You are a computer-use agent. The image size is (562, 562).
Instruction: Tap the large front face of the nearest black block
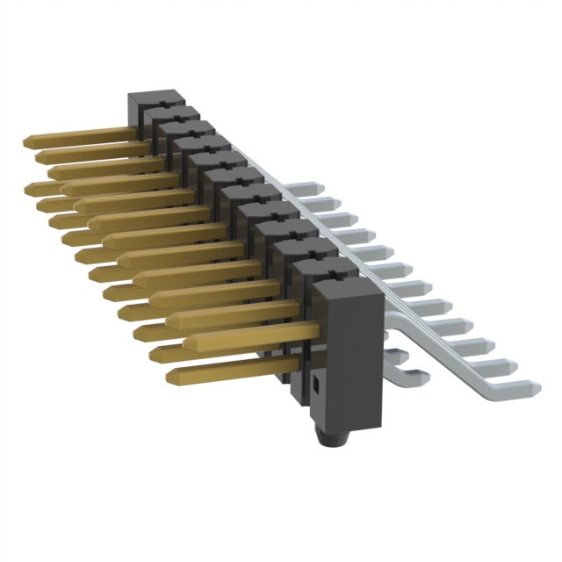[x=351, y=360]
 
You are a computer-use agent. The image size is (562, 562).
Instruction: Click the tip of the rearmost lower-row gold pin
[x=32, y=188]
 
